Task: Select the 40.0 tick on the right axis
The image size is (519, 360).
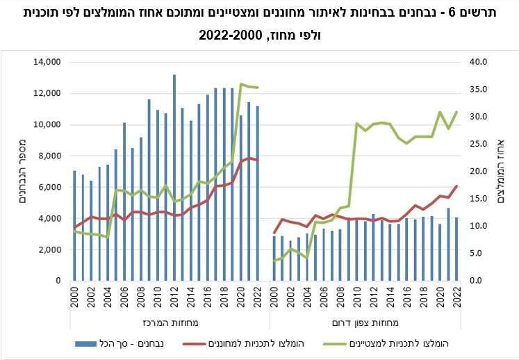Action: pos(479,63)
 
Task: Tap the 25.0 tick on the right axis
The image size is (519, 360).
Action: pos(479,144)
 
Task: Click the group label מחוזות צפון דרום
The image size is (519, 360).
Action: pos(365,322)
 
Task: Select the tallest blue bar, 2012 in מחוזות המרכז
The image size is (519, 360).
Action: pos(174,177)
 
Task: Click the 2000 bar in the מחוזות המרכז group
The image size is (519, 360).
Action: pos(74,225)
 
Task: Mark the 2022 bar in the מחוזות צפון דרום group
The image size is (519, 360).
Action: pos(456,249)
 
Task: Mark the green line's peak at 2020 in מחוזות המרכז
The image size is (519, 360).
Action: pos(241,84)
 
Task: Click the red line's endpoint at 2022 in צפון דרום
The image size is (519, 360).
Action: pos(456,186)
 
